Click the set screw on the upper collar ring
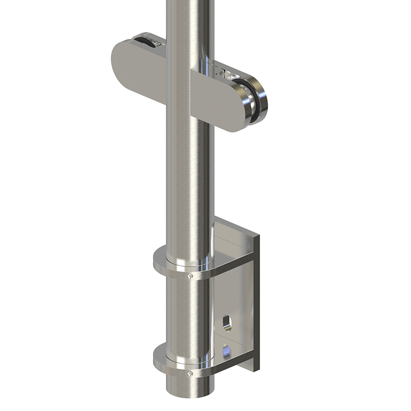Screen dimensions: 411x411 coord(191,276)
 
